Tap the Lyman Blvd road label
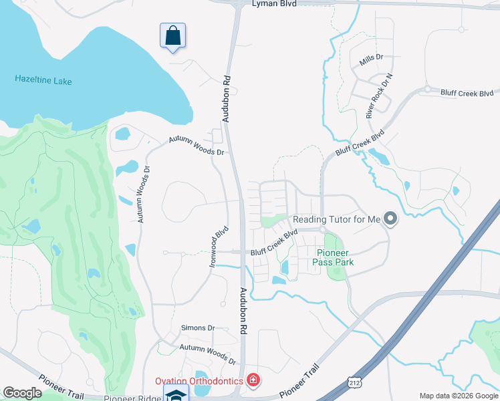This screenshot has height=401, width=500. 274,4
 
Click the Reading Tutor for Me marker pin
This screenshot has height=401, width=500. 390,219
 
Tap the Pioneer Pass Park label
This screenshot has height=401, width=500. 333,257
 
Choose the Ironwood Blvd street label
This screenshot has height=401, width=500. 219,247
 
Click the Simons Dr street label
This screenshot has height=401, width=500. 198,328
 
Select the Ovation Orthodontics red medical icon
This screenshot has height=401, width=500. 253,381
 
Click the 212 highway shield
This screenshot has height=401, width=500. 354,381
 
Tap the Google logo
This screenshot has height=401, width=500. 22,393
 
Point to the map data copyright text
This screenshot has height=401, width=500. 459,396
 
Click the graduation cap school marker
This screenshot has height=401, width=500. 176,394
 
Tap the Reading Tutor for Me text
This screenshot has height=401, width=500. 336,219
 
